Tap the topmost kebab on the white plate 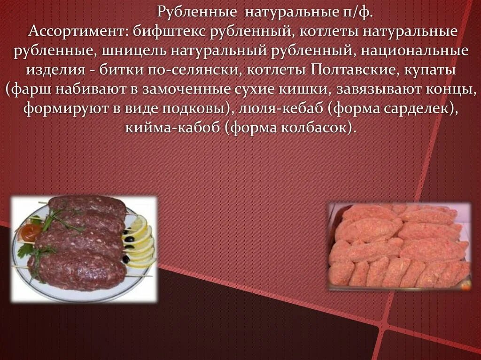click(87, 206)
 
